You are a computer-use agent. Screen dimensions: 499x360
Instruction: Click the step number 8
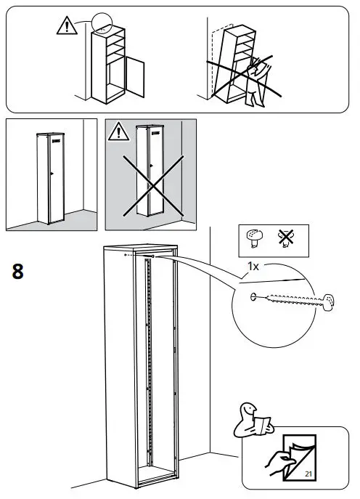coord(18,272)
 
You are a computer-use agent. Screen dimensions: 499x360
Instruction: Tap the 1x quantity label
coord(253,267)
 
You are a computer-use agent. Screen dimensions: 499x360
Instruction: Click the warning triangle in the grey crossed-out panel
coord(118,131)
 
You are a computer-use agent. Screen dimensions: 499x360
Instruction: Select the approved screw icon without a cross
coord(254,237)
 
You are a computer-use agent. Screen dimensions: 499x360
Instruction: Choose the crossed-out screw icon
coord(284,237)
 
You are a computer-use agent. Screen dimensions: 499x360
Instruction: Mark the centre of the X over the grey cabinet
coord(150,174)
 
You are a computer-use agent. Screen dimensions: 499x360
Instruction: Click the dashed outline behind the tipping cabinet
coord(216,58)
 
